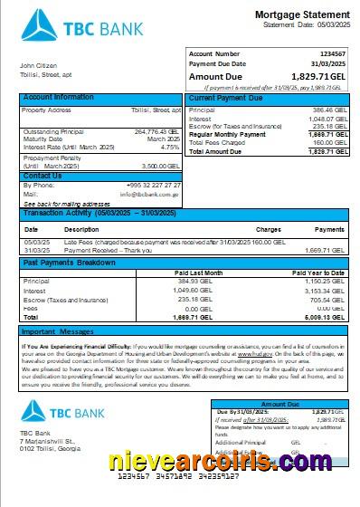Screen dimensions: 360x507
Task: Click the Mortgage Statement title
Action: (298, 15)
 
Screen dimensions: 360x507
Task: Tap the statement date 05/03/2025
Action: (327, 25)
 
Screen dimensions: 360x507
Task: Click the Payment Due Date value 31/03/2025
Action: (327, 64)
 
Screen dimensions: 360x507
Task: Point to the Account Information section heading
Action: (58, 97)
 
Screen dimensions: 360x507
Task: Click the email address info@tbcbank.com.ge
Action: (147, 195)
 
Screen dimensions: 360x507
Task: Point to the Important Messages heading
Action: (59, 332)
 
